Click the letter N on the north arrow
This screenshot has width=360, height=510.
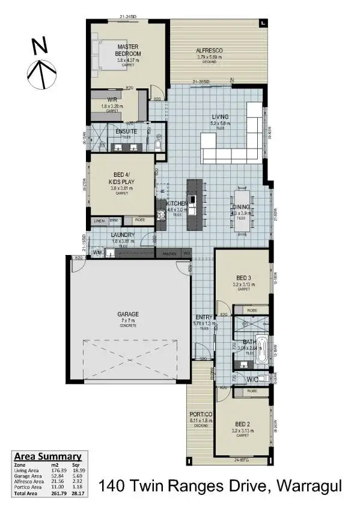[39, 45]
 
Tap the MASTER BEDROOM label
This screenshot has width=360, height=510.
[127, 50]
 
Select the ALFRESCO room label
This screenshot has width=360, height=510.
[210, 51]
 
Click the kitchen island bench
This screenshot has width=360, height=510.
[193, 204]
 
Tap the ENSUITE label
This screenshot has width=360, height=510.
[126, 131]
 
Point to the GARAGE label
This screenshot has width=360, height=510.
[127, 314]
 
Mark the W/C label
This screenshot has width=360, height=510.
[253, 379]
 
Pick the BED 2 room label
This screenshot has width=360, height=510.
[243, 425]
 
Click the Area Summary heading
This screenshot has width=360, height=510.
[47, 456]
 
